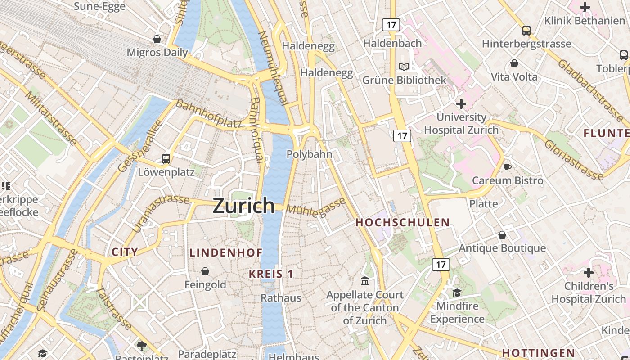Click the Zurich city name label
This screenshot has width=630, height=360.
pos(243,206)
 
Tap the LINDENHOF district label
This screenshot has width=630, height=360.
pos(226,253)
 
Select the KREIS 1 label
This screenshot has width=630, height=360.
pos(271,274)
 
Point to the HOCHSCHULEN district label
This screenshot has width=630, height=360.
pos(402,222)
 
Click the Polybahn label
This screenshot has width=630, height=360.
pos(310,154)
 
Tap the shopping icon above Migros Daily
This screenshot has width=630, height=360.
pos(157,39)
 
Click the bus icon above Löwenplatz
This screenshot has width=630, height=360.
pos(166,158)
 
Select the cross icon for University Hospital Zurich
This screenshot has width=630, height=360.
pos(461,104)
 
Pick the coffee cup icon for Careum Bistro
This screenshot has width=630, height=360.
pos(508,167)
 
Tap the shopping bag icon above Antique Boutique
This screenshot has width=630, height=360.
pos(502,235)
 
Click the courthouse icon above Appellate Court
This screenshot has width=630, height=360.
pos(365,281)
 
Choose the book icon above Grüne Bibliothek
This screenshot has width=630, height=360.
pos(404,67)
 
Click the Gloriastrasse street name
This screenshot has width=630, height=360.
pos(573,159)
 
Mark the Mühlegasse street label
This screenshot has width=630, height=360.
pos(315,207)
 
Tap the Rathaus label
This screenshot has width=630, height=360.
pos(281,298)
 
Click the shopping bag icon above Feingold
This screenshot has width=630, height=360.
pos(205,271)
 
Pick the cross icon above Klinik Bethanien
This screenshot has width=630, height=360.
pos(585,7)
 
